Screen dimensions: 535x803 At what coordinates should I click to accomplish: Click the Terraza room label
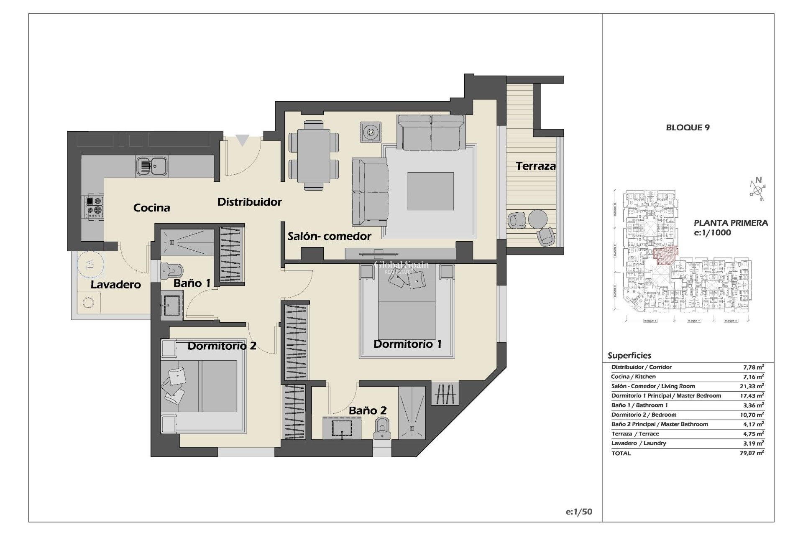[x=535, y=166]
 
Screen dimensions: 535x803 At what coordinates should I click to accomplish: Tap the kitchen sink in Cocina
[x=151, y=166]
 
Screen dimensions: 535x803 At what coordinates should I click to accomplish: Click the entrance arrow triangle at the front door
[x=242, y=140]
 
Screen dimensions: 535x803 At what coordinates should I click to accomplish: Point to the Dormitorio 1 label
[x=407, y=344]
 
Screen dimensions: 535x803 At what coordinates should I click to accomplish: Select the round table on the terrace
[x=537, y=218]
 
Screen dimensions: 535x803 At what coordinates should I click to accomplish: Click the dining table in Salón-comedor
[x=314, y=155]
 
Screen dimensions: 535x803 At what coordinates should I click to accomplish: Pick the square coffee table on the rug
[x=430, y=191]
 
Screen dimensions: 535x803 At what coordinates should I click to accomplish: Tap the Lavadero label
[x=116, y=285]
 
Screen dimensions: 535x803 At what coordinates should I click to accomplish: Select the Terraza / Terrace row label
[x=635, y=434]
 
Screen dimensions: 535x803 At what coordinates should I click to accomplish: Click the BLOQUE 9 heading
[x=688, y=127]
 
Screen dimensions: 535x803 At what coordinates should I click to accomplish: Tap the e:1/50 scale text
[x=579, y=512]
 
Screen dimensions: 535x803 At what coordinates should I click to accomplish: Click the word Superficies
[x=629, y=356]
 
